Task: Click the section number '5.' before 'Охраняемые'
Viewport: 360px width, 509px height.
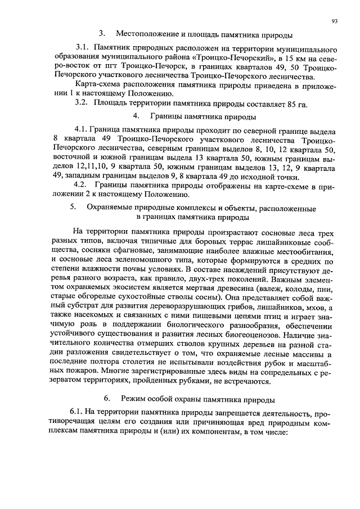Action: pyautogui.click(x=73, y=208)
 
